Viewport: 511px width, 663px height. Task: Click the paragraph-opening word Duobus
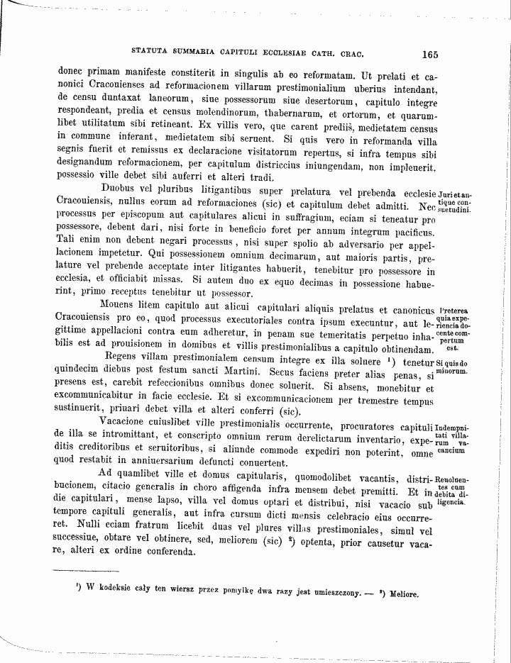click(123, 189)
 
